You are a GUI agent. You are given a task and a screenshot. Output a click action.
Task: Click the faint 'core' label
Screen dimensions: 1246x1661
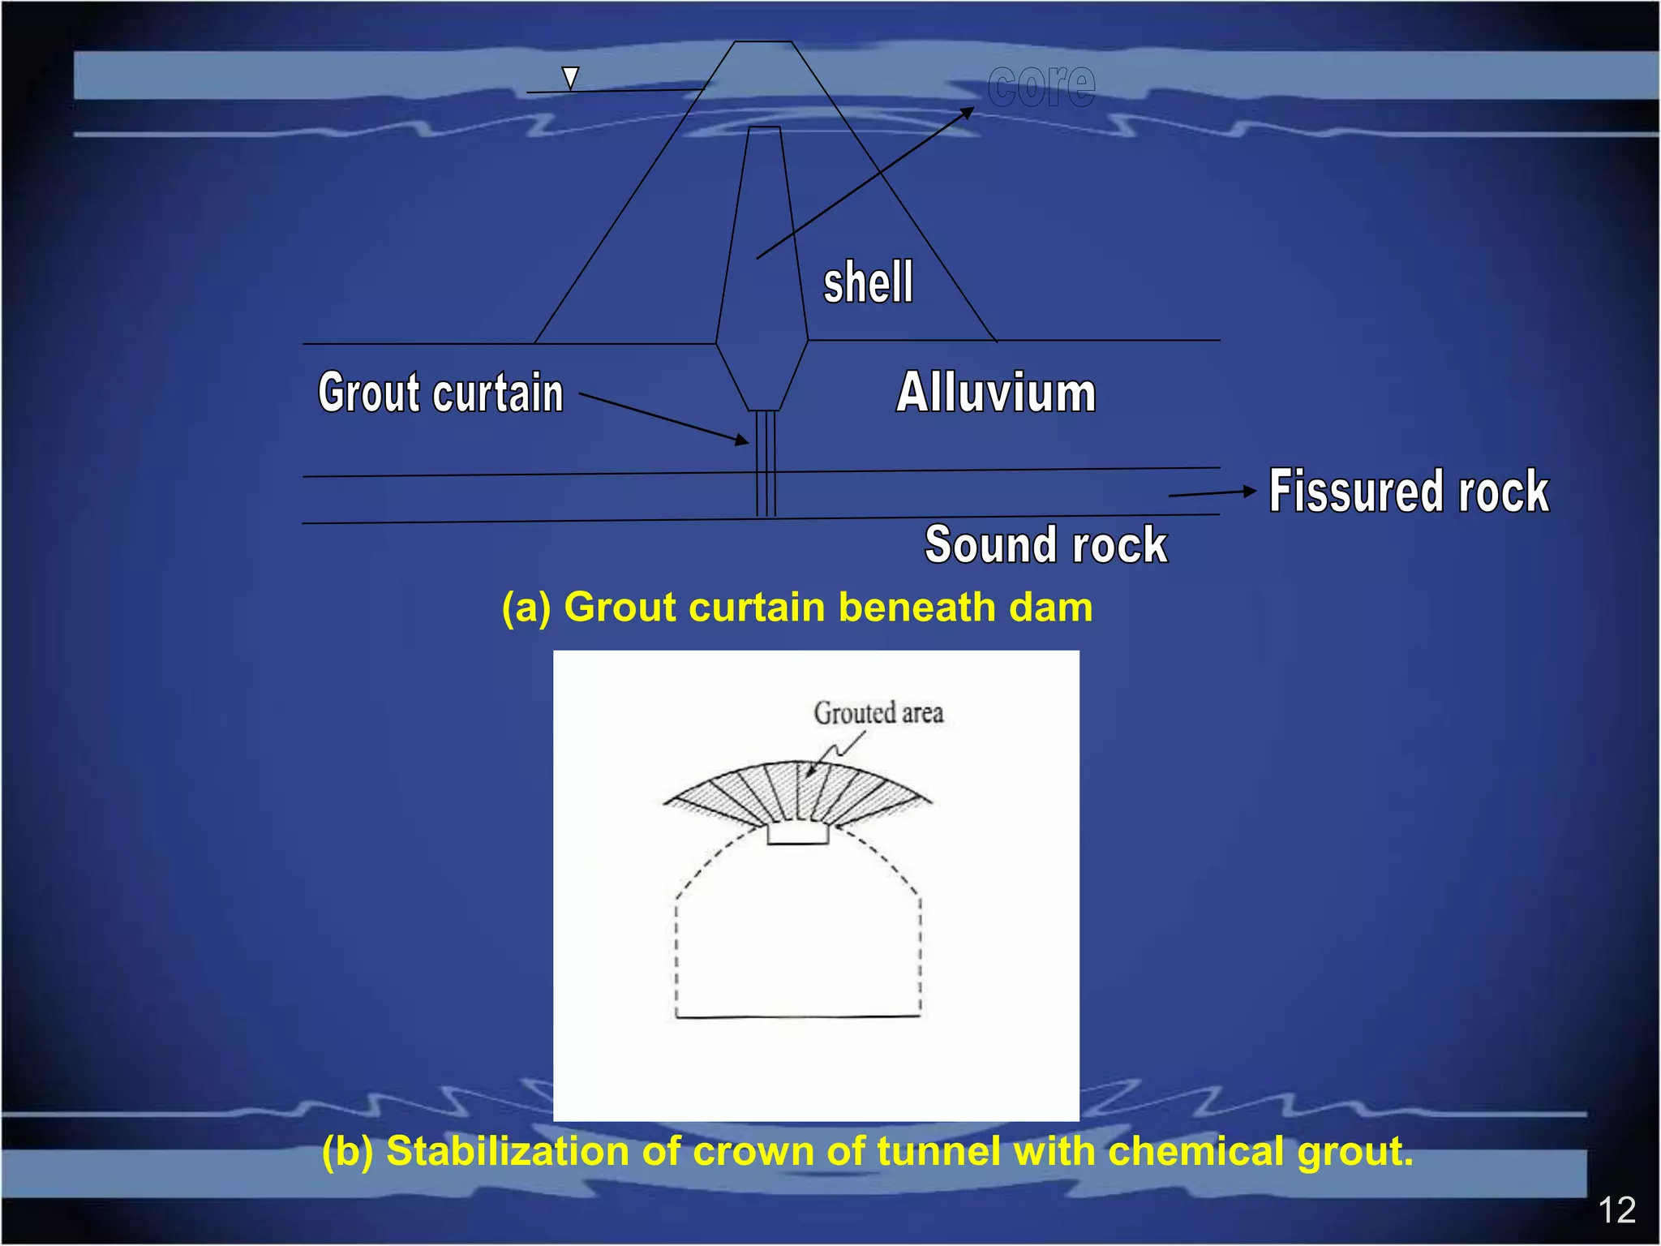coord(1041,85)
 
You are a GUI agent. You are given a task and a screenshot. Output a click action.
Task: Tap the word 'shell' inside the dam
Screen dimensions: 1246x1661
coord(868,282)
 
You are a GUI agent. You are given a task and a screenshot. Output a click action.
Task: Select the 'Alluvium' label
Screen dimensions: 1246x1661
coord(996,393)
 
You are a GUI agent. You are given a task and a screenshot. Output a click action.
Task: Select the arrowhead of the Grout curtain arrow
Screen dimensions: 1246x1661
coord(741,440)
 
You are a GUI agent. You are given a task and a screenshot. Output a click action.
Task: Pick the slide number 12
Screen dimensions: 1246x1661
coord(1616,1210)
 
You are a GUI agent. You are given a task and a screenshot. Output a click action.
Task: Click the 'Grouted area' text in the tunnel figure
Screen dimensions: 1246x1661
coord(878,713)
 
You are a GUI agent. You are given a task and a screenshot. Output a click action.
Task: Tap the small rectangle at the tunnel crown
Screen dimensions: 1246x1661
coord(798,834)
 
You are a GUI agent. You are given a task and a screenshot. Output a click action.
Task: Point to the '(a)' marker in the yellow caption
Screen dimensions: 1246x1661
coord(526,608)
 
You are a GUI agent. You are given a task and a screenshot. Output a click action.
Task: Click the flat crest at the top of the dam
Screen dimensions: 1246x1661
coord(762,42)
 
